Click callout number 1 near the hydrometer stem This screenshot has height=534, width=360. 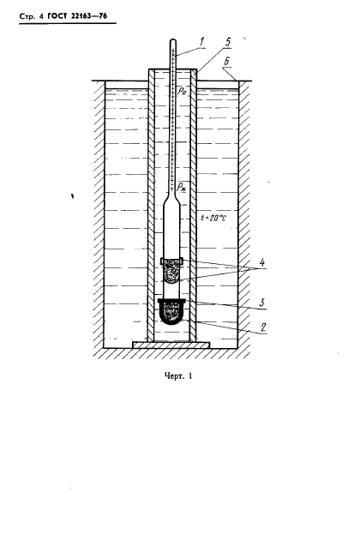pos(201,43)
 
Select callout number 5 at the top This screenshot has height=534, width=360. pos(227,42)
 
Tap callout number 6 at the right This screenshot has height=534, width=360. pos(226,62)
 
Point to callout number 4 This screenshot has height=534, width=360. pos(261,262)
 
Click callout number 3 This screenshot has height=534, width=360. pos(262,302)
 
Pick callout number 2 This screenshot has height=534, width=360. pos(263,327)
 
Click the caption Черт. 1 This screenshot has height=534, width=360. pos(178,376)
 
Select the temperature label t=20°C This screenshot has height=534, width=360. pos(213,218)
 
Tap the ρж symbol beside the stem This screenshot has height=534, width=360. pos(181,188)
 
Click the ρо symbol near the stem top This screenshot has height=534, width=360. pos(182,91)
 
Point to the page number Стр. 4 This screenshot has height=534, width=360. pos(32,16)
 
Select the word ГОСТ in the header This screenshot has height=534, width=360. pos(56,16)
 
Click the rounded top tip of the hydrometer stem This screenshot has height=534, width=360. pos(173,41)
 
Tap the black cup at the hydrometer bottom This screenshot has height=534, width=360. pos(171,311)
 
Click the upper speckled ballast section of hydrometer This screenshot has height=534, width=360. pos(172,271)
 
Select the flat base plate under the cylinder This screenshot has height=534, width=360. pos(171,345)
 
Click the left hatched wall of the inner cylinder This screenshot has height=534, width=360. pos(151,206)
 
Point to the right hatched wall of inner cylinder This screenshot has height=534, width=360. pos(193,206)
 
